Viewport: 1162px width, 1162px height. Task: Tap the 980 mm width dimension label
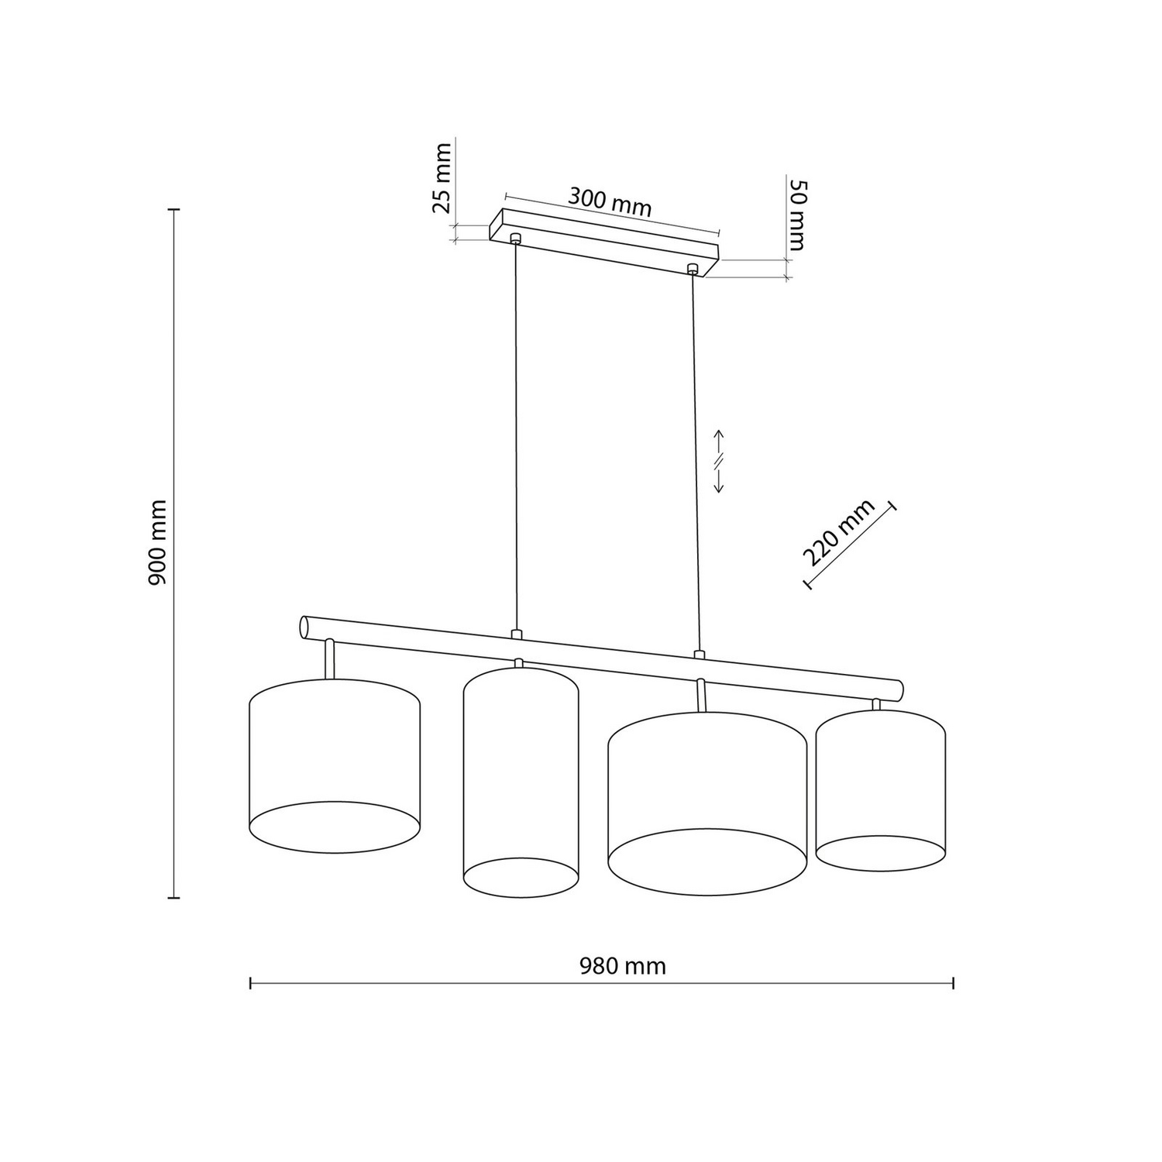[x=622, y=966]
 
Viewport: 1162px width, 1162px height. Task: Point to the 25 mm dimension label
[x=441, y=177]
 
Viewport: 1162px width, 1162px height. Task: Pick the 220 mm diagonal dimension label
[x=838, y=533]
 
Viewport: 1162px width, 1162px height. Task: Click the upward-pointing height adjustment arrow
[x=718, y=440]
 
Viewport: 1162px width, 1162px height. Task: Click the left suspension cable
[x=516, y=434]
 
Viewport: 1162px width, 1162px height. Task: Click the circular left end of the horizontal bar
[x=304, y=627]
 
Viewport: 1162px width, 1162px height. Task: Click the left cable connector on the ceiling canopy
[x=515, y=238]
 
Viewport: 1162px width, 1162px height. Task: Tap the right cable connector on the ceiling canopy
[x=693, y=270]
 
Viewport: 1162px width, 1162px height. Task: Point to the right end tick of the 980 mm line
[x=952, y=983]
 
